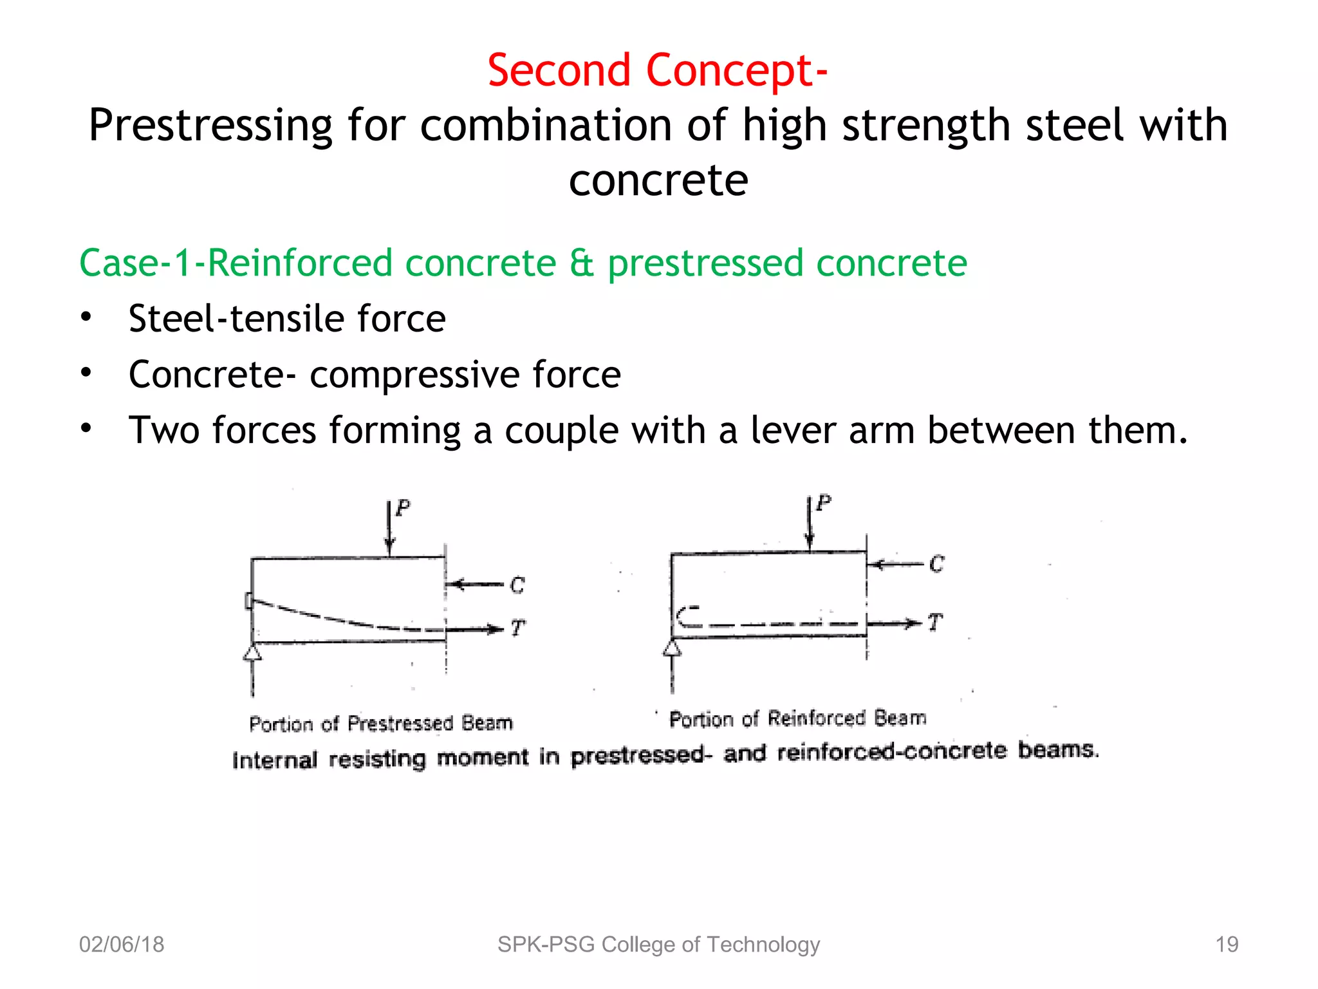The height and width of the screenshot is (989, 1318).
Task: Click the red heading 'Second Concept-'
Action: point(657,70)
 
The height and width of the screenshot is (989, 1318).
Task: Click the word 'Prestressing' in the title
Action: point(210,126)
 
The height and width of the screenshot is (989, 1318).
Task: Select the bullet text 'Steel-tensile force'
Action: point(287,319)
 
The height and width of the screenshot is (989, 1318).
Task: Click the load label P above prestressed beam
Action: point(403,508)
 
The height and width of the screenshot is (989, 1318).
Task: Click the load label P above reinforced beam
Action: point(824,502)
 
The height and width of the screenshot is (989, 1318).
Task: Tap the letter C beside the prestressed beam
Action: point(517,585)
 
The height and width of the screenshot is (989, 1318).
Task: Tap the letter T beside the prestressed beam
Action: point(518,628)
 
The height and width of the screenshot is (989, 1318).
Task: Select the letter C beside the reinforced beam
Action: point(936,565)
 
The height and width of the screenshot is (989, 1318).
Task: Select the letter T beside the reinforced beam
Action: point(935,622)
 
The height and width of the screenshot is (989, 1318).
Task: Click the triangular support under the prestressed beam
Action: point(252,653)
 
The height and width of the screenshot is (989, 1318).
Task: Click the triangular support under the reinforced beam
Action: point(672,647)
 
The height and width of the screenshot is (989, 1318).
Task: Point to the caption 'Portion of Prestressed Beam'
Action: point(380,724)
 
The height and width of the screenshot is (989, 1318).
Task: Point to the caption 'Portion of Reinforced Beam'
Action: point(797,719)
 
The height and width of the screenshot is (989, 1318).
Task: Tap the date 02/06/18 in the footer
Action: point(122,945)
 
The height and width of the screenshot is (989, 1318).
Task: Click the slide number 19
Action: point(1227,945)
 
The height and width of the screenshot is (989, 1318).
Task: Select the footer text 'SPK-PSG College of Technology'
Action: point(658,945)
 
